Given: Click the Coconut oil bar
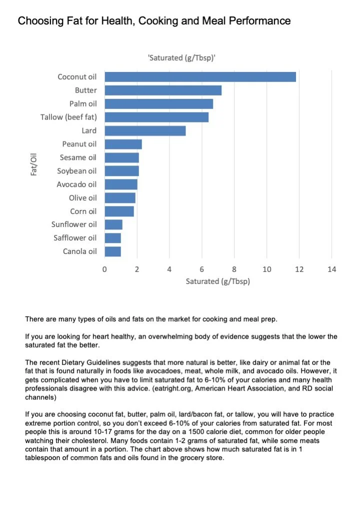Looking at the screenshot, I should tap(200, 77).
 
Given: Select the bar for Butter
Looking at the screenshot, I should tap(163, 90).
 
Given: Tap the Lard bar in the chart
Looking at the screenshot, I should tap(145, 130).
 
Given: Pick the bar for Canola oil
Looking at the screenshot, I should tap(112, 251).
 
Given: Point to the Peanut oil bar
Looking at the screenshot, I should tap(123, 144).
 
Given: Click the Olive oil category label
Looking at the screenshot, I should tap(82, 197).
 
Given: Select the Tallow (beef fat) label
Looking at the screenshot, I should tap(68, 117).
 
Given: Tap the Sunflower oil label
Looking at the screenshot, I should tap(74, 224).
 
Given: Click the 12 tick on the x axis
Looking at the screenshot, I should tap(299, 269).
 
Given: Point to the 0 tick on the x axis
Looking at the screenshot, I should tap(104, 269).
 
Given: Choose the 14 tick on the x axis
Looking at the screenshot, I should tap(331, 269).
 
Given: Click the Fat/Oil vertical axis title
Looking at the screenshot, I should tap(34, 164).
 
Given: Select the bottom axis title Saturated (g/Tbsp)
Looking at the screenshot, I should tap(218, 281).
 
